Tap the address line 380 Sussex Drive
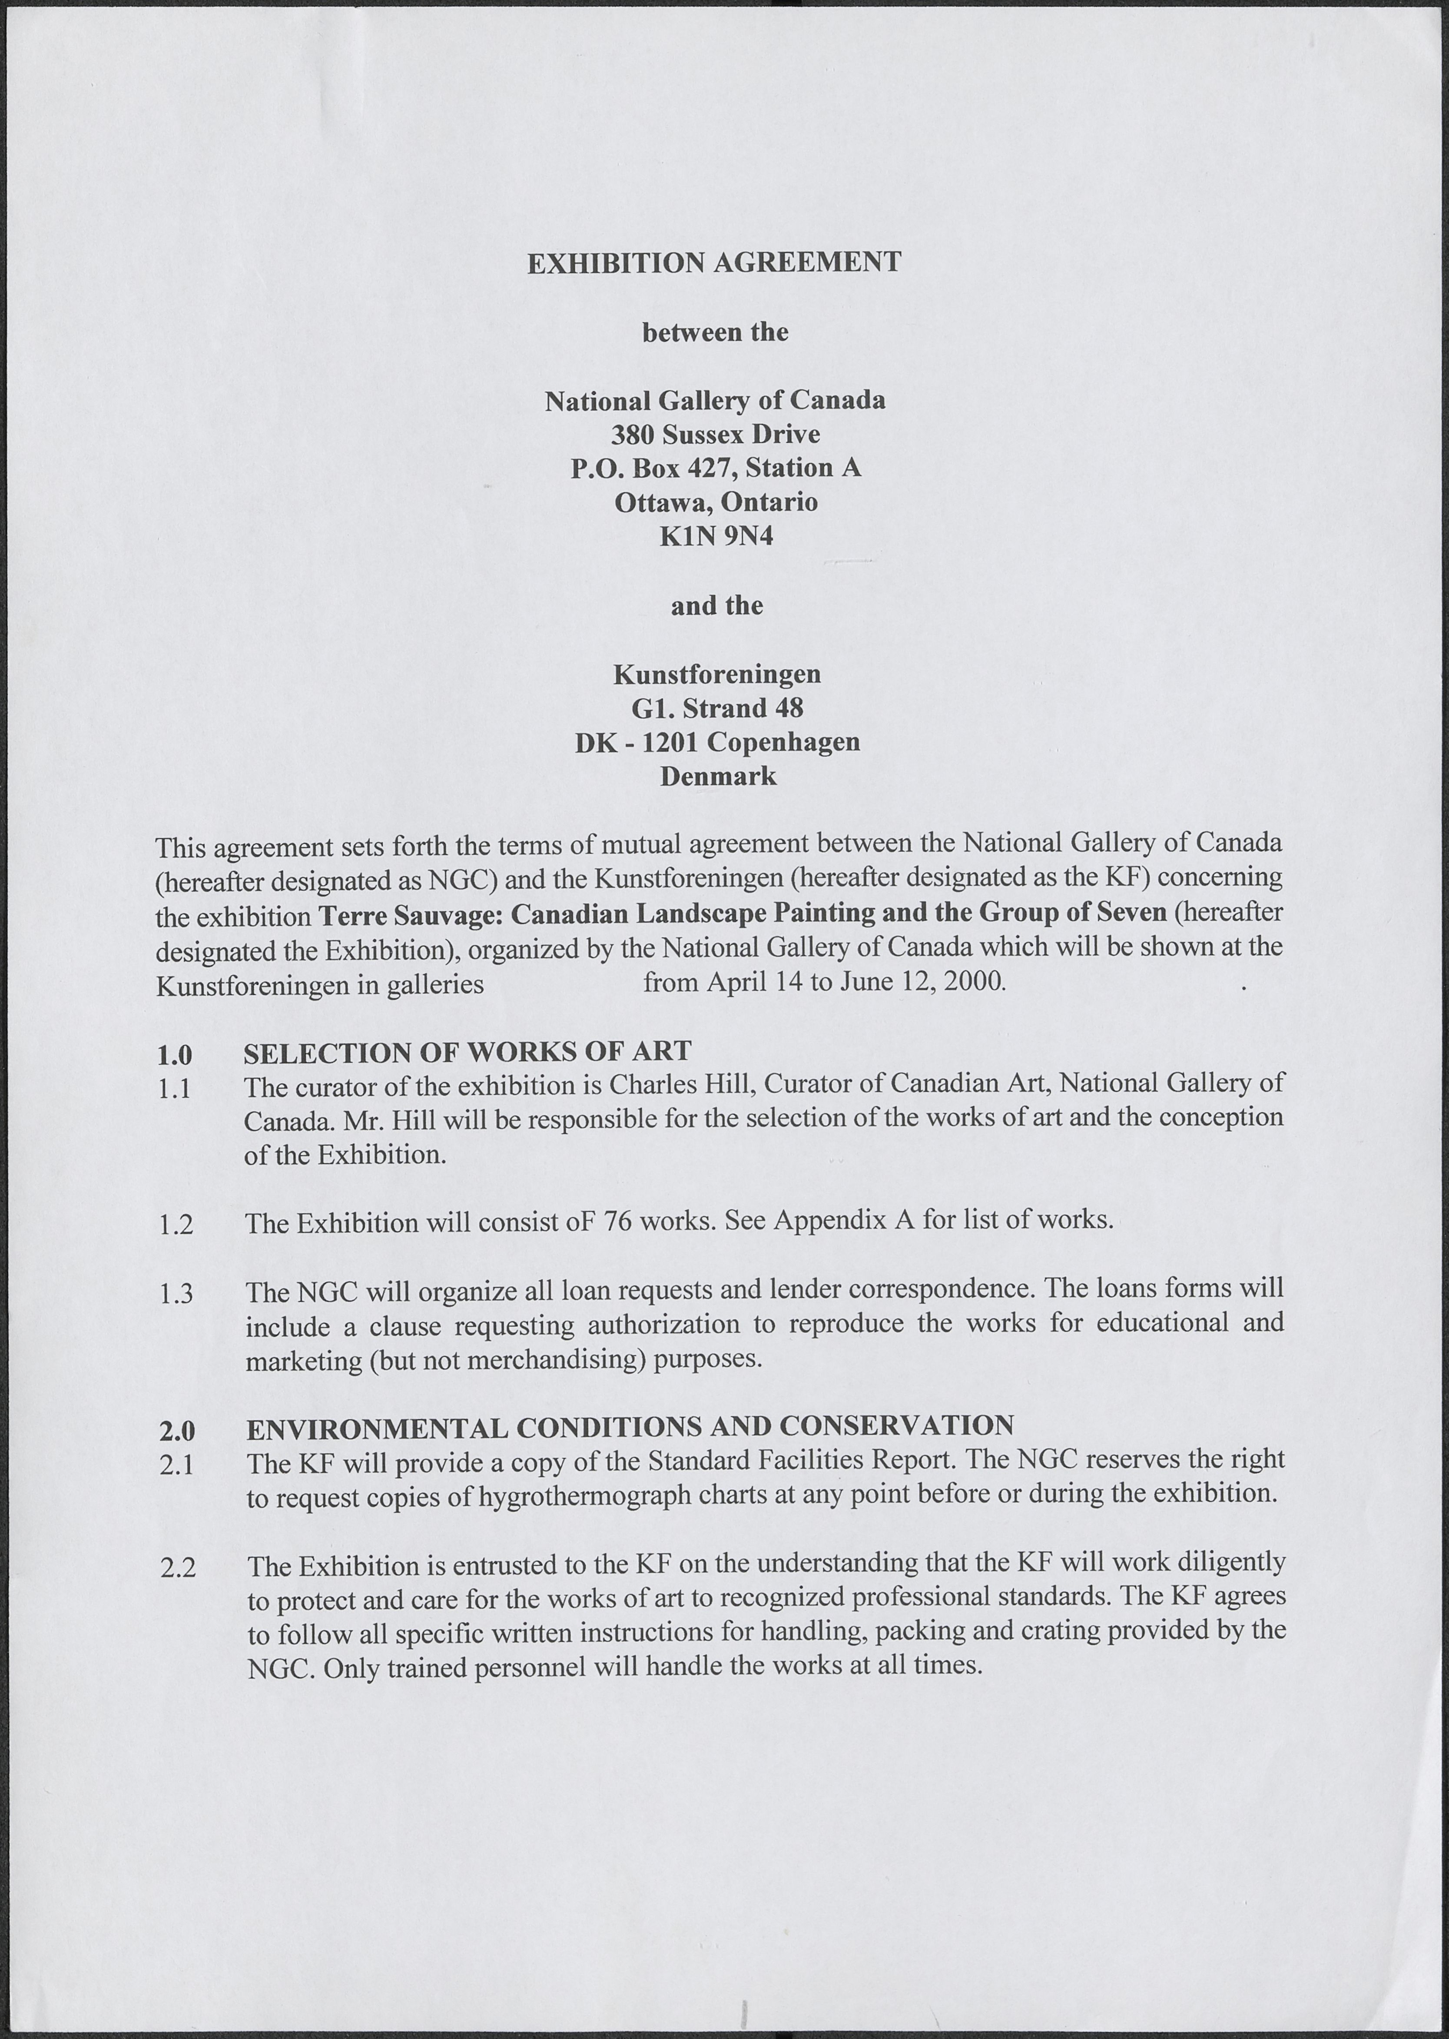pos(716,435)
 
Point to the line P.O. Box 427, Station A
pos(716,468)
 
